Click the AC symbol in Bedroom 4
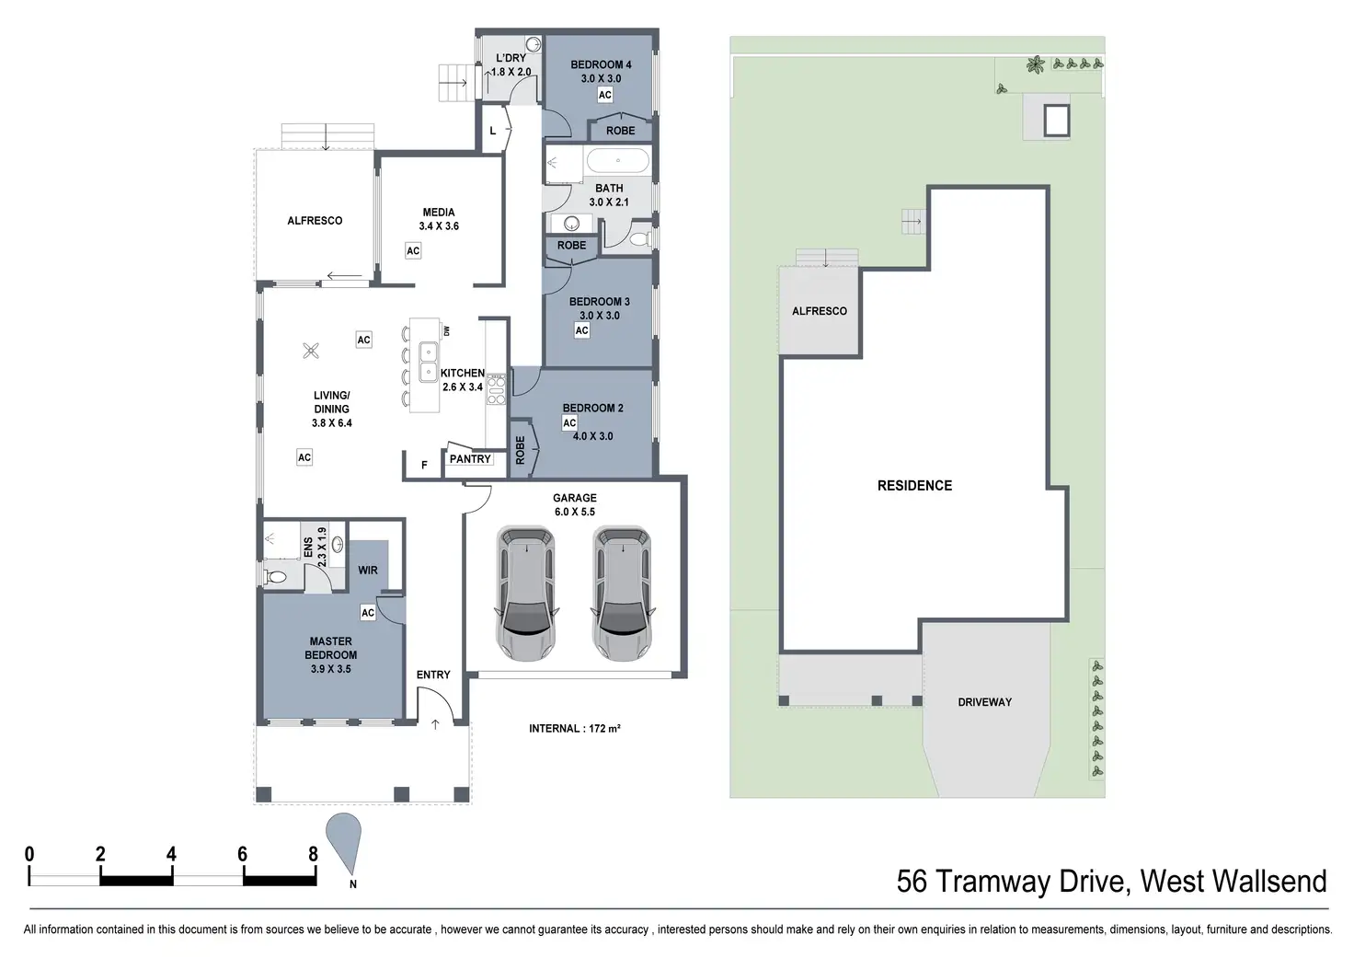point(604,95)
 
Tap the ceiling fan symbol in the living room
point(311,351)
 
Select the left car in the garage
point(526,594)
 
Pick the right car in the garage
point(623,594)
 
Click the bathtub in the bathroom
point(618,161)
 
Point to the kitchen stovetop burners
point(497,389)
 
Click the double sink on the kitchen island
point(428,362)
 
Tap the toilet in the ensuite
point(275,578)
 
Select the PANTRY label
point(470,459)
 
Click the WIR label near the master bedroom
point(368,571)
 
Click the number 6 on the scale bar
point(243,854)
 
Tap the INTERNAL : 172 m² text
point(574,729)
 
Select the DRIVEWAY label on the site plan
point(984,702)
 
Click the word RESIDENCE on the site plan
point(914,486)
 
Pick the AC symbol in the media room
point(413,251)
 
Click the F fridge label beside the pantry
point(424,465)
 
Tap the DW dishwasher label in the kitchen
point(447,330)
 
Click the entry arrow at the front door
point(435,724)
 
